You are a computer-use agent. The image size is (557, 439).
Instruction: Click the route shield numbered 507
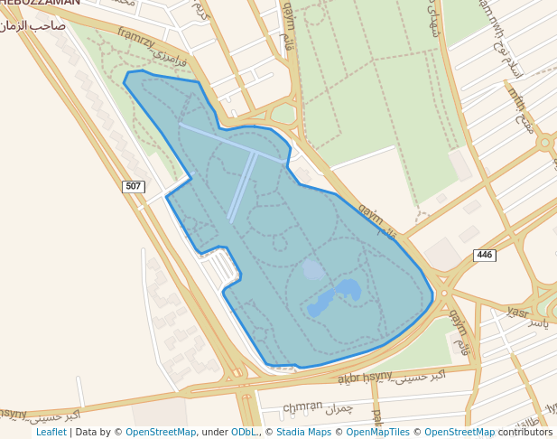[x=134, y=187]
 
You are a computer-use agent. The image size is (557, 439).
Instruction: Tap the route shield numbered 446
[x=485, y=256]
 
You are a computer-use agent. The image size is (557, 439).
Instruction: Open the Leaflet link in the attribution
[x=51, y=433]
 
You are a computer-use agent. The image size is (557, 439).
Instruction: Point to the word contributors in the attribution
[x=525, y=433]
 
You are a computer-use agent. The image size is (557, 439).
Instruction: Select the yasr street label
[x=516, y=312]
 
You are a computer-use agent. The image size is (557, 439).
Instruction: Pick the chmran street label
[x=302, y=406]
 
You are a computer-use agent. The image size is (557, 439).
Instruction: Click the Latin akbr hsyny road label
[x=365, y=377]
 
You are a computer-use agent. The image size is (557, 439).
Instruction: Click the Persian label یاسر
[x=538, y=322]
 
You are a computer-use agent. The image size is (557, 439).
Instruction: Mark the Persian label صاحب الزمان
[x=36, y=25]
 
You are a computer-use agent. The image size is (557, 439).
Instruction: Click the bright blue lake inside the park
[x=335, y=296]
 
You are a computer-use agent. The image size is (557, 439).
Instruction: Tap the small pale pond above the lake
[x=313, y=269]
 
